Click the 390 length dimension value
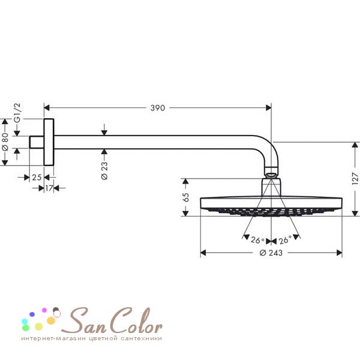(157, 108)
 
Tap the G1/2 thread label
(17, 113)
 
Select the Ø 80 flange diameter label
(5, 142)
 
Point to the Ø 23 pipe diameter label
(104, 170)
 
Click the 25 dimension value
(37, 178)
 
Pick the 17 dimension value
(49, 188)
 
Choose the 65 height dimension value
(186, 197)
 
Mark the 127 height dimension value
(355, 179)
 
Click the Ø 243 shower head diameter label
(271, 253)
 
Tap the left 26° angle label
(257, 240)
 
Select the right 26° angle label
(285, 240)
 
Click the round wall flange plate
(49, 142)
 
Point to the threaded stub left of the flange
(37, 142)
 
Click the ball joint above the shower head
(271, 175)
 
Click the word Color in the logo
(137, 320)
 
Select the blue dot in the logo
(32, 314)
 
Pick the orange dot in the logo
(51, 320)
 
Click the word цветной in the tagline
(103, 338)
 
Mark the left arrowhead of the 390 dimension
(47, 107)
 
